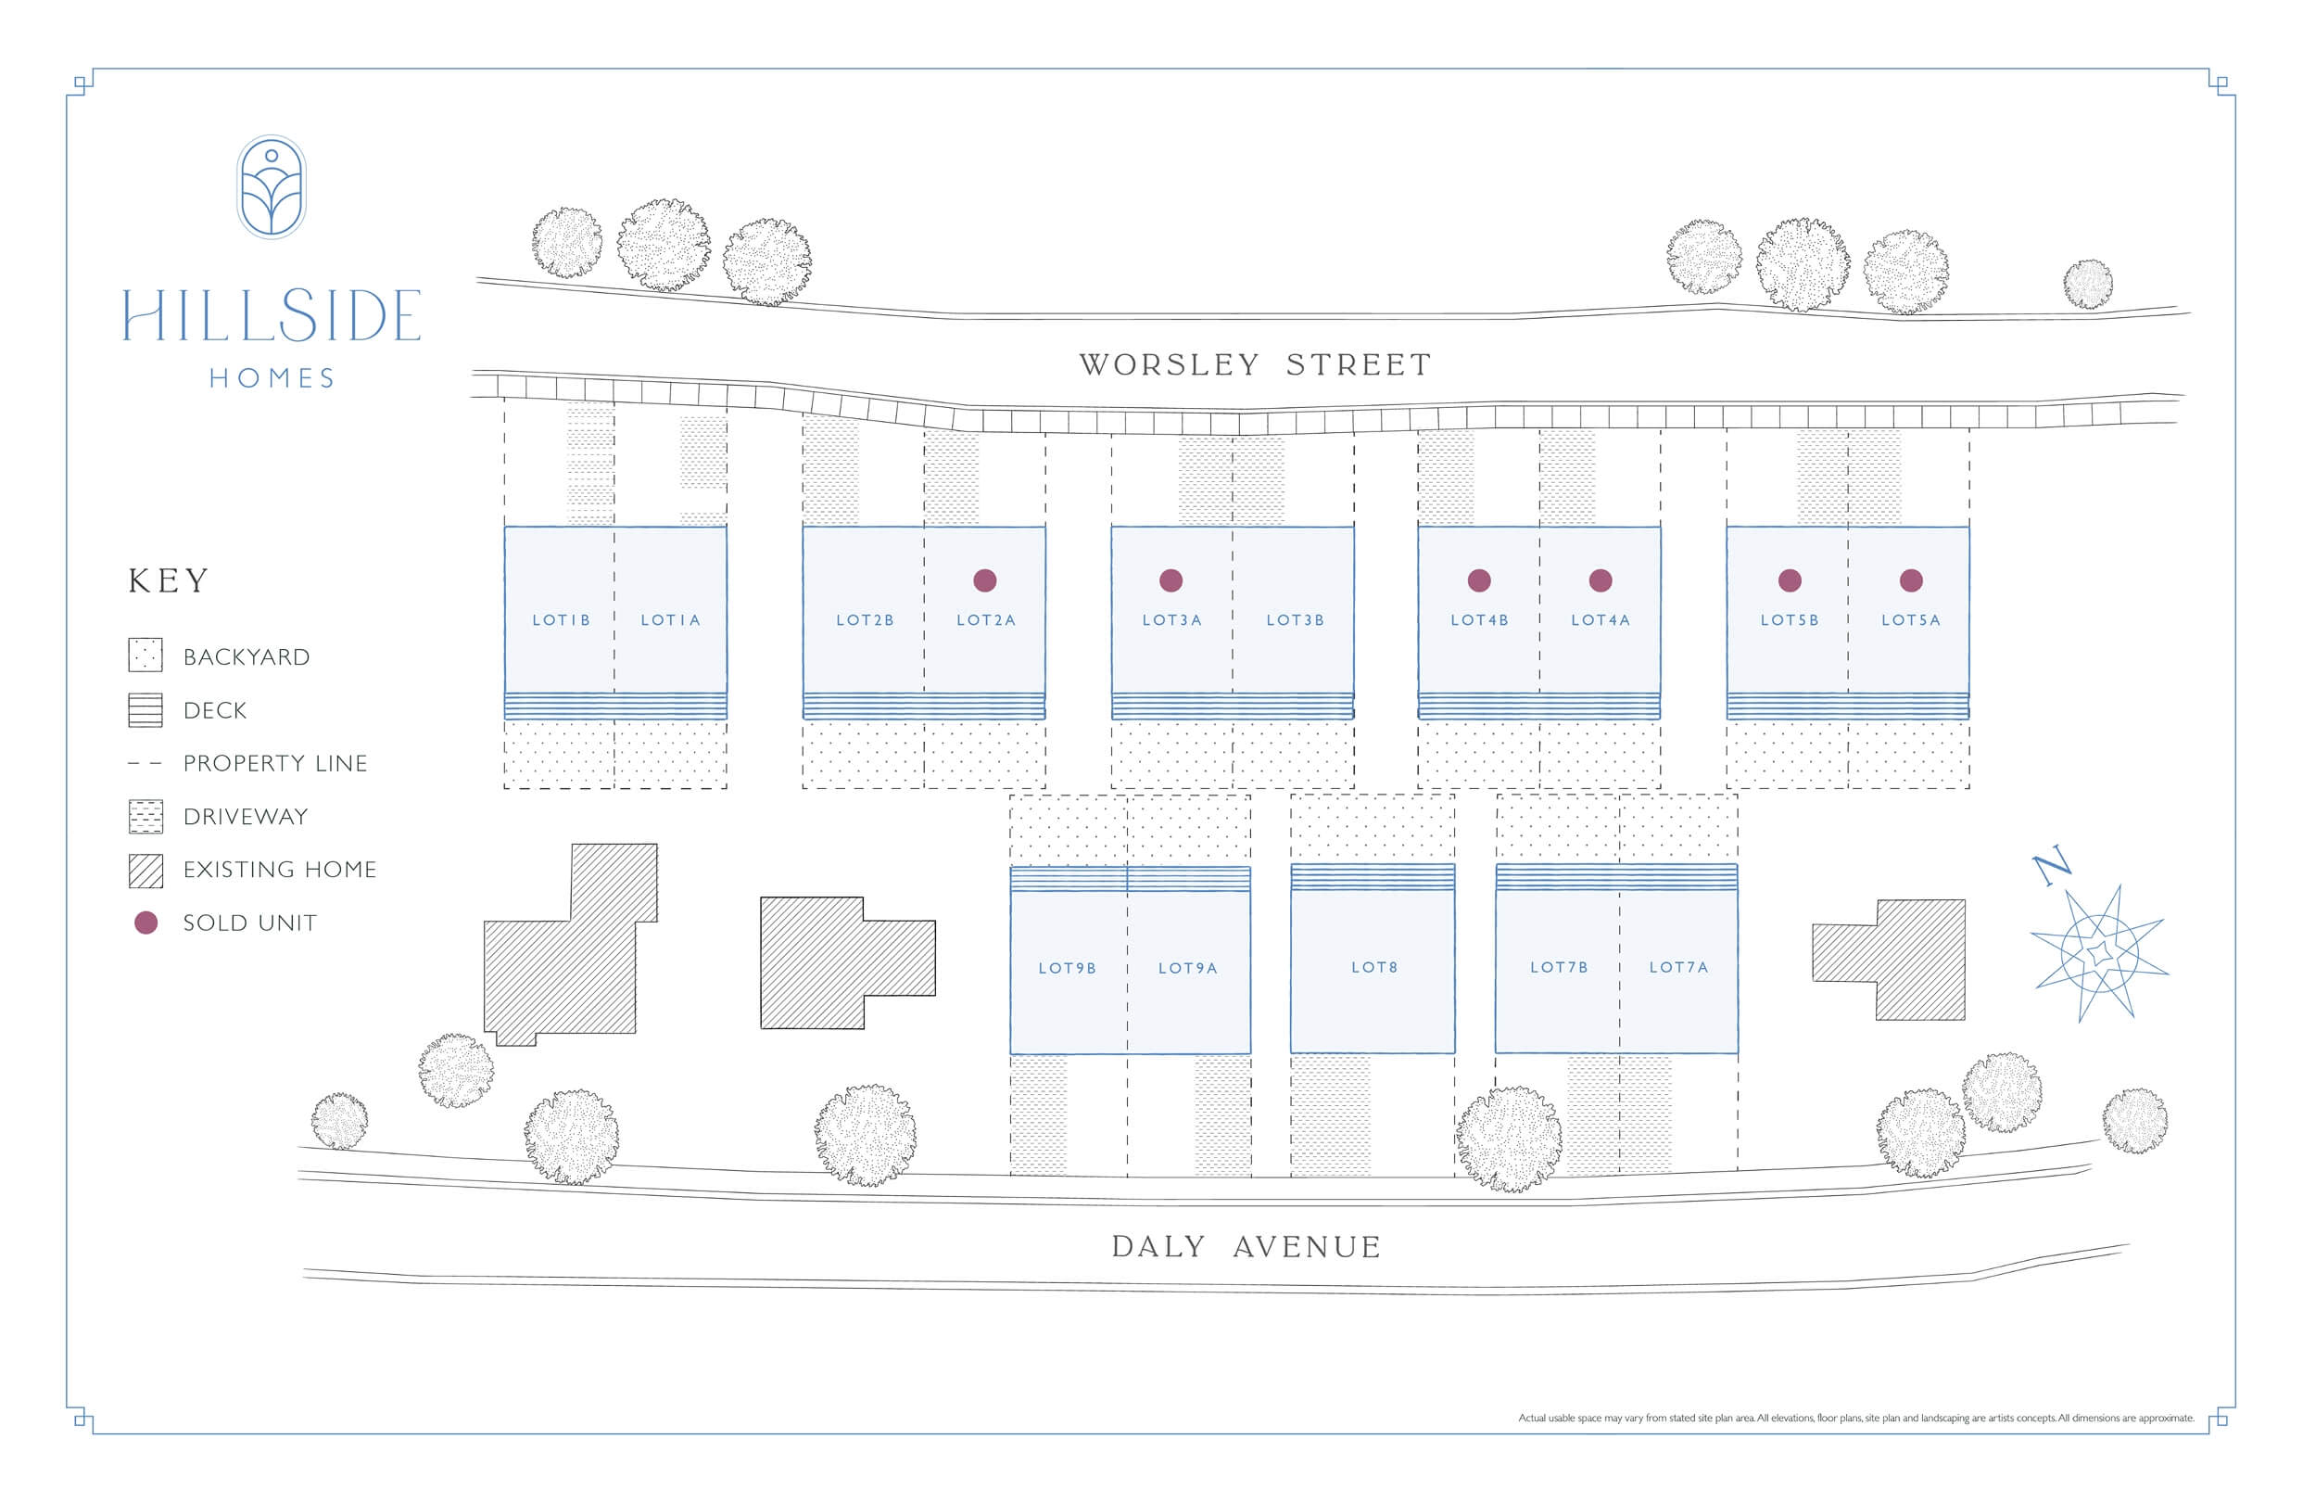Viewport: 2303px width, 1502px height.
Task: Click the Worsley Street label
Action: pos(1255,365)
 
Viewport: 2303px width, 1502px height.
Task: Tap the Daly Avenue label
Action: pos(1246,1246)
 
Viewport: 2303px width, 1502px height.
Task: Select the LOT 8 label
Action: pos(1374,967)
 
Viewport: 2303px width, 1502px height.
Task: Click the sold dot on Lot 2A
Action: pos(985,579)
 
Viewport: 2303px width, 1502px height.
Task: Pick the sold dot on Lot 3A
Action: pos(1170,579)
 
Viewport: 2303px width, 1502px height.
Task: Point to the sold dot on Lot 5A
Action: pos(1911,579)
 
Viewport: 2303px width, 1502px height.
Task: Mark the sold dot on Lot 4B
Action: pos(1478,579)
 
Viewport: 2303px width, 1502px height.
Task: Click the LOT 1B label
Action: pos(562,620)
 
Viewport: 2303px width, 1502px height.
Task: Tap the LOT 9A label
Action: pos(1188,968)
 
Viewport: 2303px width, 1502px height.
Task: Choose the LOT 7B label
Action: pos(1559,967)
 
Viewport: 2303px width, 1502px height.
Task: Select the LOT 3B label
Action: pos(1296,620)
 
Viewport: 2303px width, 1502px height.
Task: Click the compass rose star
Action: pos(2098,954)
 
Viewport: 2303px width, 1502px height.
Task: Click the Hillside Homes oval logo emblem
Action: pos(272,186)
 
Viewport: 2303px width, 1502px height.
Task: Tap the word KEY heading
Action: pos(169,580)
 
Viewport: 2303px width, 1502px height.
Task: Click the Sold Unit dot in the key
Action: pos(146,923)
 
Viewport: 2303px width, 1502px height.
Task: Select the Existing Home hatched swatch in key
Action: pos(146,870)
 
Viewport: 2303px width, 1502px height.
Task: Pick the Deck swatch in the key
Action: pos(146,710)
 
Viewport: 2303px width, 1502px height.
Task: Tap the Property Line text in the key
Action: pos(276,764)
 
